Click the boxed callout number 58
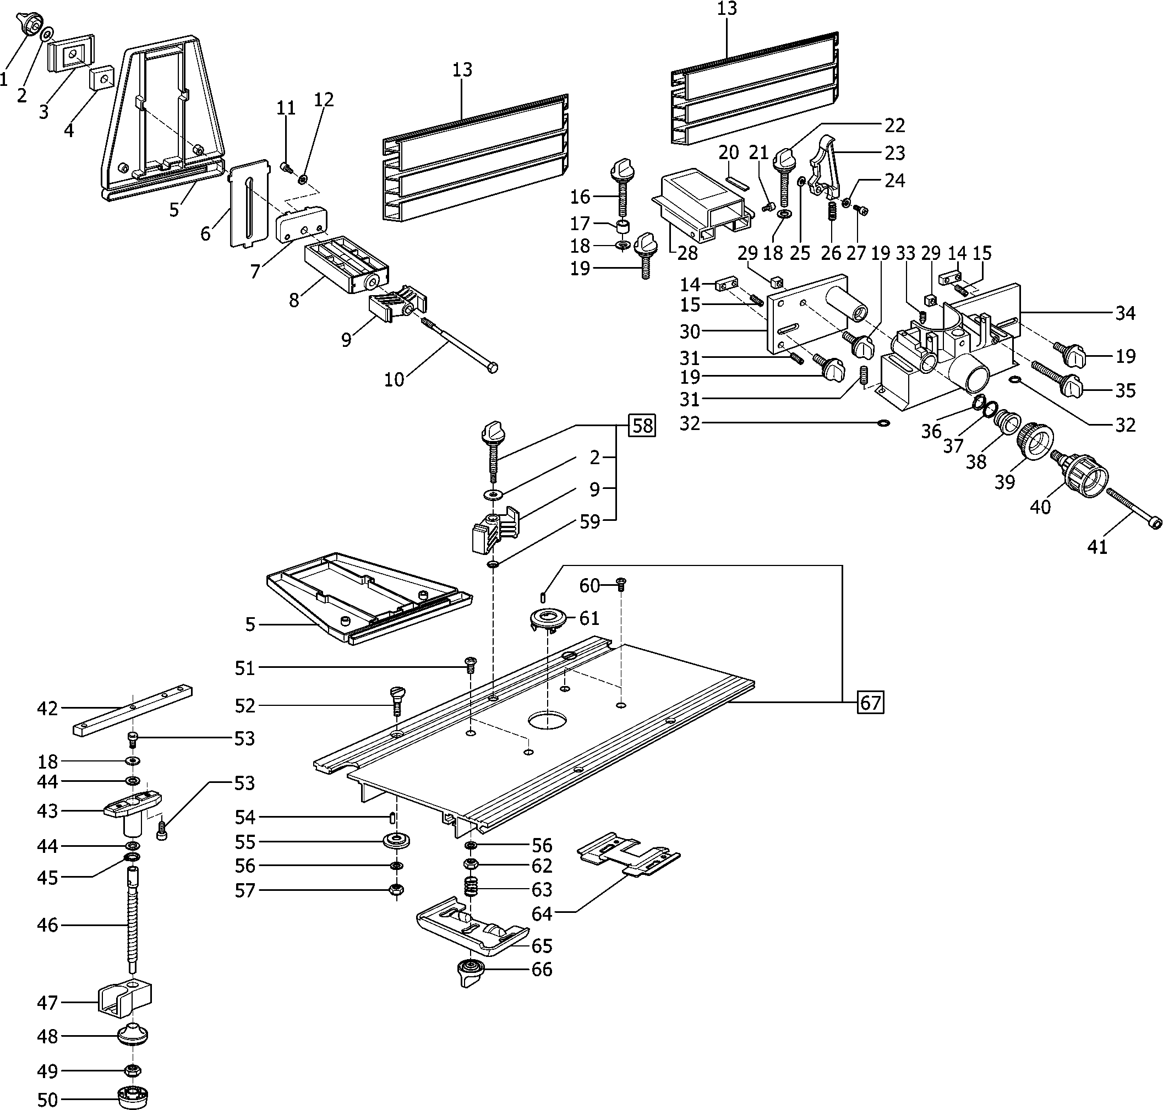[642, 426]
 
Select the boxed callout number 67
[870, 703]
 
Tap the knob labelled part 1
[30, 23]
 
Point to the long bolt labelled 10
[458, 343]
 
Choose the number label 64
[542, 913]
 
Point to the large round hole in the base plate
[548, 721]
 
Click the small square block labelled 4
[101, 77]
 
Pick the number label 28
[687, 253]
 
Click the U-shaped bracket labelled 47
[124, 1000]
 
